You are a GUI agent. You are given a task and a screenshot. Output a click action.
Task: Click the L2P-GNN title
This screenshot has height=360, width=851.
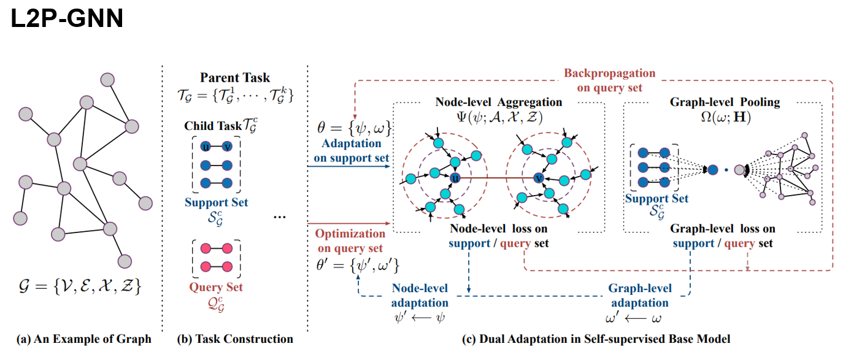click(x=67, y=19)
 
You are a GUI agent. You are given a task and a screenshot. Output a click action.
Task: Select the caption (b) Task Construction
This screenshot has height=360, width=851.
click(x=234, y=339)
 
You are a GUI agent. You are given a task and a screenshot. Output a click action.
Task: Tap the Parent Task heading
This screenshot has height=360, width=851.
click(x=234, y=79)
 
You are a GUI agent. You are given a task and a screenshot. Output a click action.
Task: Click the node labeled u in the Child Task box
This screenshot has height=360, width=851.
click(x=207, y=147)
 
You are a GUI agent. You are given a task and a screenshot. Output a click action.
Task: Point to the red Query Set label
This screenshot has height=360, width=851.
click(x=216, y=287)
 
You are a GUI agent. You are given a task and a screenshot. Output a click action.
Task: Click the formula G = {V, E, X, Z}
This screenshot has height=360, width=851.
click(x=80, y=286)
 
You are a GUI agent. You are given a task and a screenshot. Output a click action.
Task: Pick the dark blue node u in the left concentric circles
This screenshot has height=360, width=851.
click(x=455, y=178)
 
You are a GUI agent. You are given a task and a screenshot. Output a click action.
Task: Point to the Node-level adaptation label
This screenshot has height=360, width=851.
click(x=420, y=296)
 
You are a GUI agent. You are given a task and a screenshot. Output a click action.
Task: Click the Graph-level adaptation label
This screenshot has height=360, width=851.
click(x=640, y=296)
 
